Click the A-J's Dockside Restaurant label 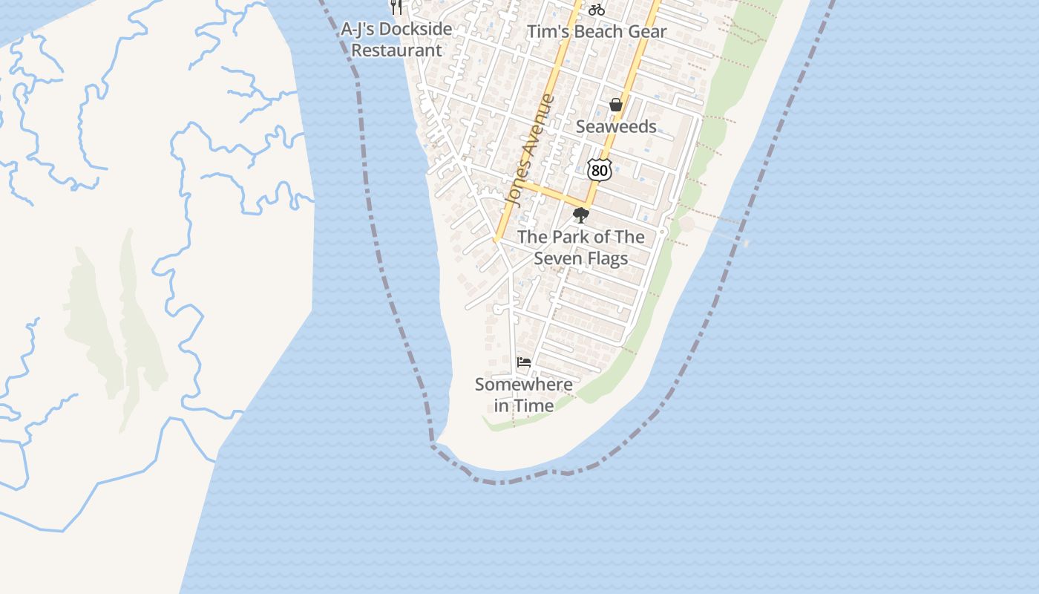396,40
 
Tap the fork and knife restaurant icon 396,7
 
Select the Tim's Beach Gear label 597,31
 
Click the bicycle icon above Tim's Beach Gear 597,10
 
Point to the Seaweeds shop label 616,126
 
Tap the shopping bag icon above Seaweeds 616,105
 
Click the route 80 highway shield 600,170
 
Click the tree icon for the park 581,215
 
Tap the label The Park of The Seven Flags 581,247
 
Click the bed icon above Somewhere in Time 524,362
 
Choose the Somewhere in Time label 524,395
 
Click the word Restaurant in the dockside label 396,50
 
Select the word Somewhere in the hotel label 524,385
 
